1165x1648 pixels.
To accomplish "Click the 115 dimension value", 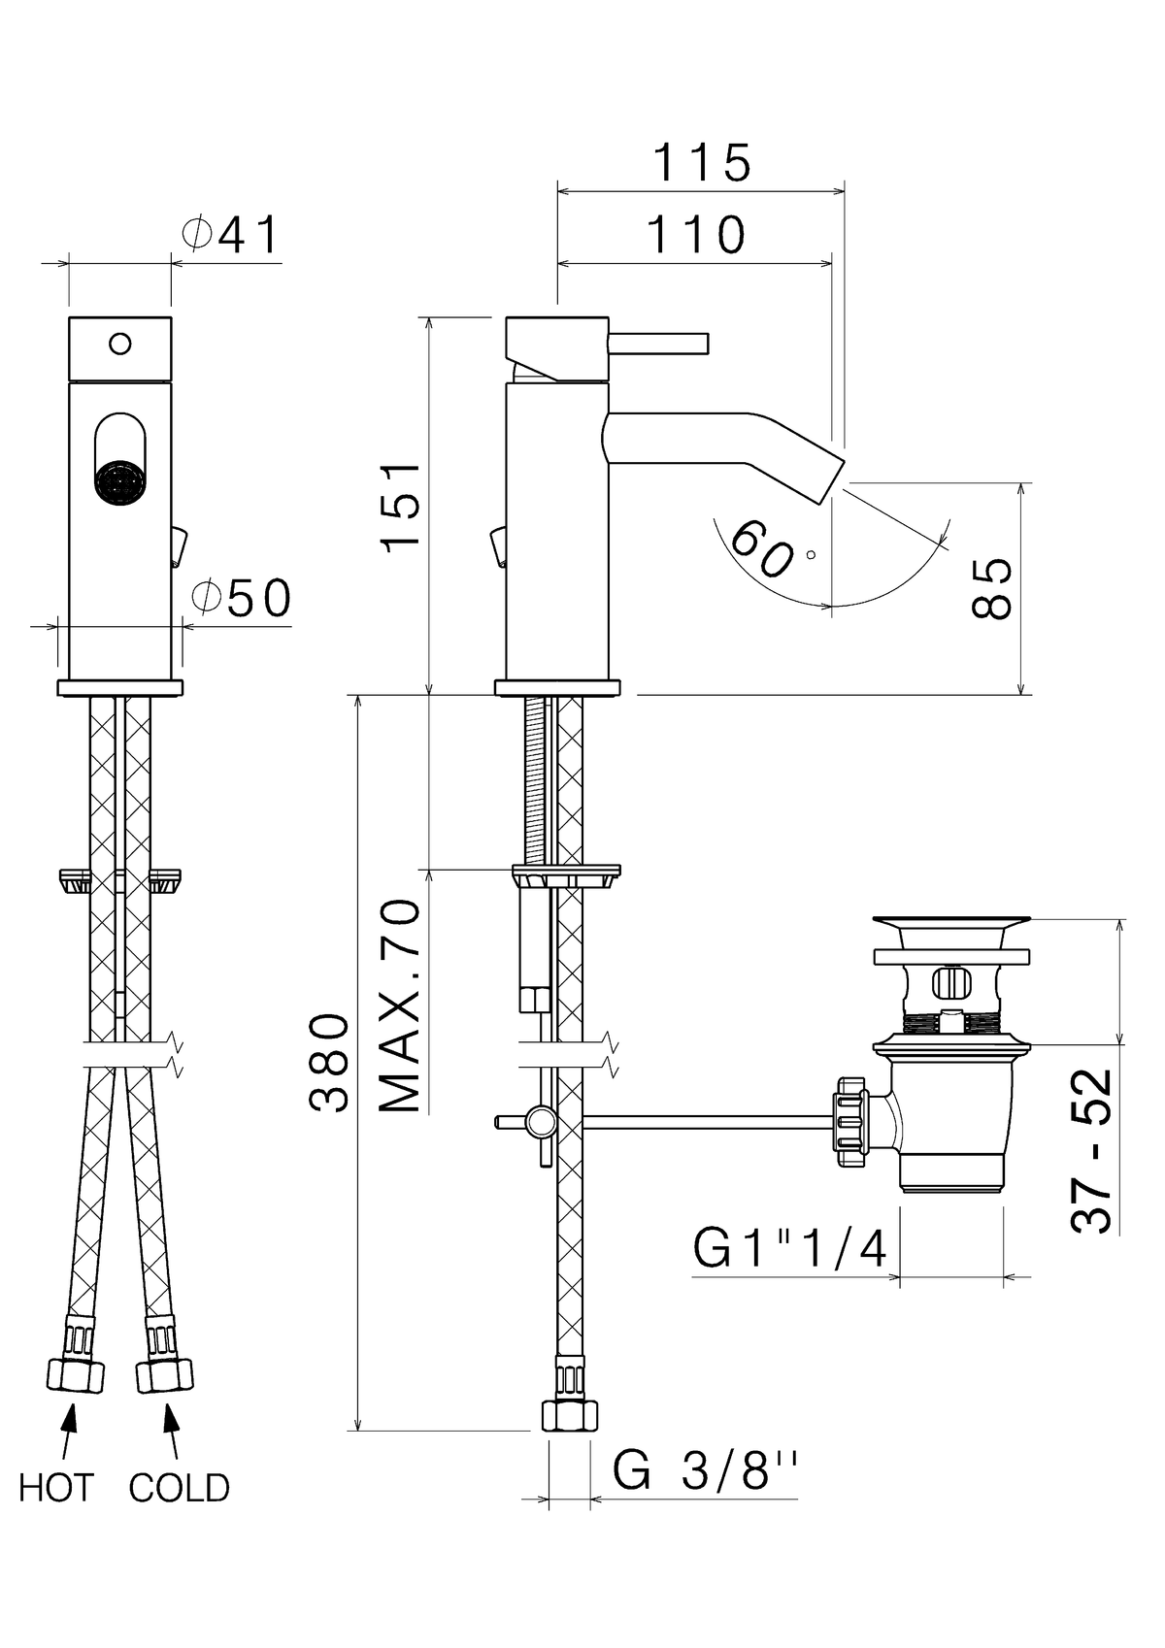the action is (703, 163).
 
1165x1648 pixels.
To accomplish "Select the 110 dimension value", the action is (696, 234).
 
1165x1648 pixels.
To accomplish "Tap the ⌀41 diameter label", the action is (230, 235).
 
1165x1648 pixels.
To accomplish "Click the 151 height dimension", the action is (400, 504).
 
